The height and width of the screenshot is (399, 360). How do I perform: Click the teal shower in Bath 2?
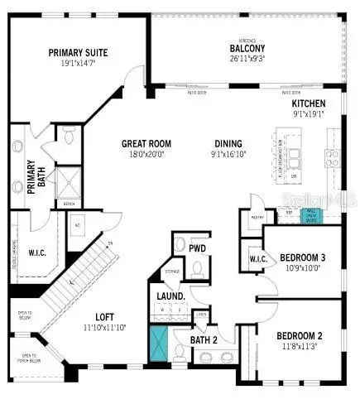pos(157,344)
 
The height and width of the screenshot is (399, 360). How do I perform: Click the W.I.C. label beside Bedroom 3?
pos(257,260)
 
